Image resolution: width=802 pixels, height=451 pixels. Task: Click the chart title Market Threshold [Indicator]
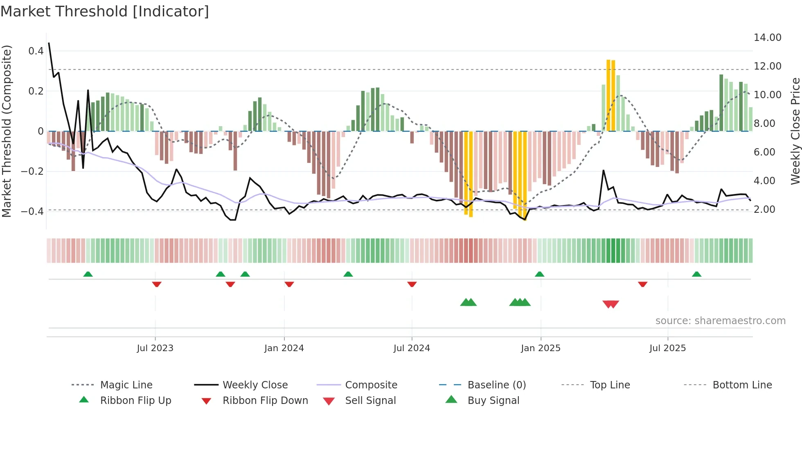click(105, 11)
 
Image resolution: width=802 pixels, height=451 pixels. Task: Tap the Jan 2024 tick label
click(284, 348)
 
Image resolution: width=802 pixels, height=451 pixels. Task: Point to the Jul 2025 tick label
click(667, 348)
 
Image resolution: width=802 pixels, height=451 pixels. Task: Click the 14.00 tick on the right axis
click(767, 38)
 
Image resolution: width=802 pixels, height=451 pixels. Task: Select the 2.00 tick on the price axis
click(764, 210)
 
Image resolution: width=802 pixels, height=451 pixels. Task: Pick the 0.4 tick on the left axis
click(36, 51)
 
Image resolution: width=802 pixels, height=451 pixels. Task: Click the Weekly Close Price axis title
click(795, 131)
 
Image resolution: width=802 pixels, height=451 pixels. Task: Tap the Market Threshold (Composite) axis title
click(7, 131)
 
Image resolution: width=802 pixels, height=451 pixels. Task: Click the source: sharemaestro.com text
click(720, 321)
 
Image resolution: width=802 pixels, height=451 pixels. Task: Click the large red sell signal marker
click(611, 304)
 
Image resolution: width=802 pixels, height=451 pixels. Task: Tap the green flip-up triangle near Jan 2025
click(539, 274)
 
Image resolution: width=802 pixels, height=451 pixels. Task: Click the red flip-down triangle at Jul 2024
click(412, 284)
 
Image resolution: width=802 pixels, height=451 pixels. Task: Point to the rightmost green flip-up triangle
click(696, 274)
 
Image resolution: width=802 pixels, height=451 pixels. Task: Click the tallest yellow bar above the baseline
click(608, 95)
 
